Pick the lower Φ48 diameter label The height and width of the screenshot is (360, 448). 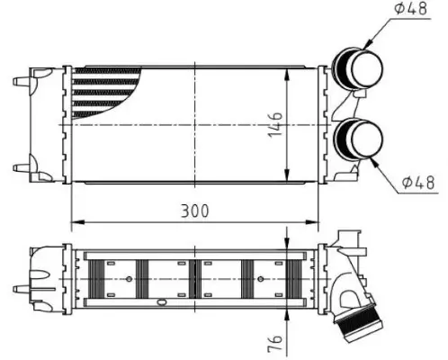pos(418,182)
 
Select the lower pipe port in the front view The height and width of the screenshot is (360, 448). pos(357,140)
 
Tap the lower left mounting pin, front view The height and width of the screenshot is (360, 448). pos(20,166)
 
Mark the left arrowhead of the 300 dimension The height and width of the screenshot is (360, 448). pos(76,220)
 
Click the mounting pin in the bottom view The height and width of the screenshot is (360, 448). pos(20,288)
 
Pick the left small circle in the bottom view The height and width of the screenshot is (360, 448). pos(130,278)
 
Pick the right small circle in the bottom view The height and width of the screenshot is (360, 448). pos(260,278)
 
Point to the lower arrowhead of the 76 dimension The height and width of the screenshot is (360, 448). pos(286,313)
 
